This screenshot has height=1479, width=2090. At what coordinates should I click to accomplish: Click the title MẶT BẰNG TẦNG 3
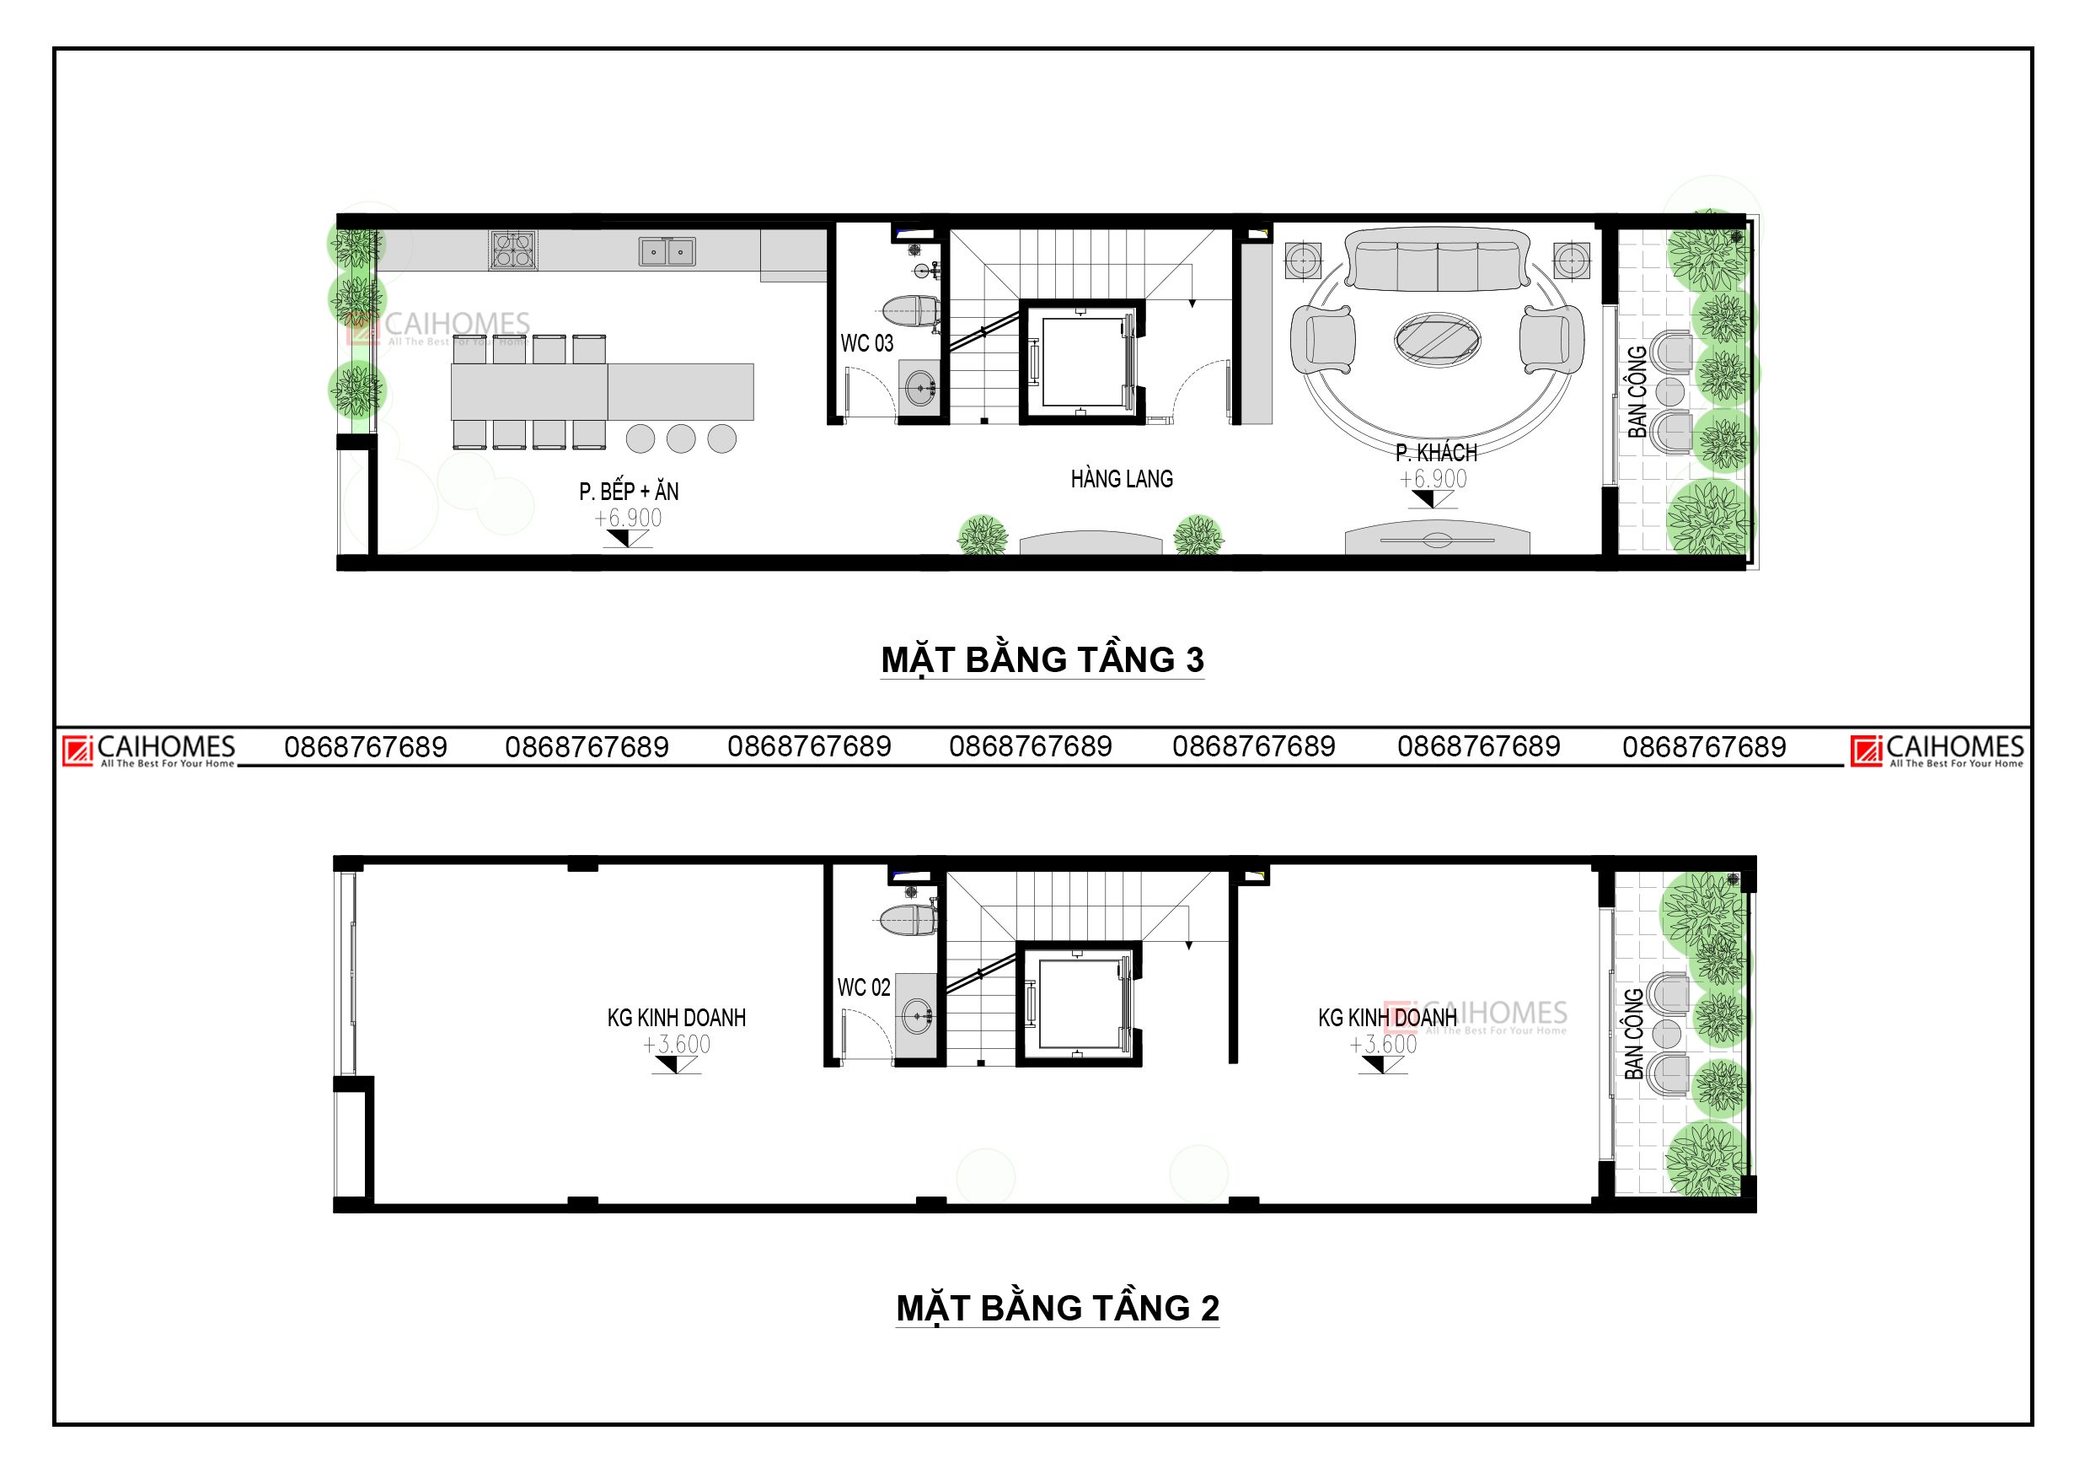[1042, 660]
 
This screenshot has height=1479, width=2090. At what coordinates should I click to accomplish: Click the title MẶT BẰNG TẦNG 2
[1058, 1309]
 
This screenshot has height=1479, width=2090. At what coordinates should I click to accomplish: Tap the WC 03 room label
[866, 343]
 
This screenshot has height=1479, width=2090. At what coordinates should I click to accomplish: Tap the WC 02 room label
[864, 987]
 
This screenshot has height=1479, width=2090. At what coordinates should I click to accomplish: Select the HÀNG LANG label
[1122, 479]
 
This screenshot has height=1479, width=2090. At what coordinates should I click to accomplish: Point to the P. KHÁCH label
[1436, 453]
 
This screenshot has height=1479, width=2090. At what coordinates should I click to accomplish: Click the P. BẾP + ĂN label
[629, 492]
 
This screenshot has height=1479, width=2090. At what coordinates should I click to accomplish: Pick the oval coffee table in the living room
[1438, 340]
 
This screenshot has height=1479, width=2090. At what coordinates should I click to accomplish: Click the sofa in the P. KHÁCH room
[1438, 260]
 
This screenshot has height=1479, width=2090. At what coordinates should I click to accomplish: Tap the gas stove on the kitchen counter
[513, 250]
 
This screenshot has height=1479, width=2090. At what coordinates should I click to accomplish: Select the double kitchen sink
[667, 251]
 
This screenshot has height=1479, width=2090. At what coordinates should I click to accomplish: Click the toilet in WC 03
[910, 310]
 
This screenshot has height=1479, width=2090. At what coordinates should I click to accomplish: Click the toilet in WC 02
[908, 920]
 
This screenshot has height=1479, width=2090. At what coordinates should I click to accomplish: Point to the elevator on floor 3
[1081, 362]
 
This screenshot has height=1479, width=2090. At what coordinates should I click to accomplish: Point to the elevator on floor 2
[1079, 1003]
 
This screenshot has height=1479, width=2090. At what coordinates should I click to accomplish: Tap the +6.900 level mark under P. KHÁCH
[1433, 479]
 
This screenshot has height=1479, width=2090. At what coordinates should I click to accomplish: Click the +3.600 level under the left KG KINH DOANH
[677, 1045]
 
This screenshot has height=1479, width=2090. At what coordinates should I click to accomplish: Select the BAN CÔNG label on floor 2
[1634, 1034]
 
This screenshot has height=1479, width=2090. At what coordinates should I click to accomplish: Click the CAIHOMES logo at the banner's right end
[1937, 751]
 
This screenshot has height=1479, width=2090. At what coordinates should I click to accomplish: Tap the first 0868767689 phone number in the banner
[366, 748]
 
